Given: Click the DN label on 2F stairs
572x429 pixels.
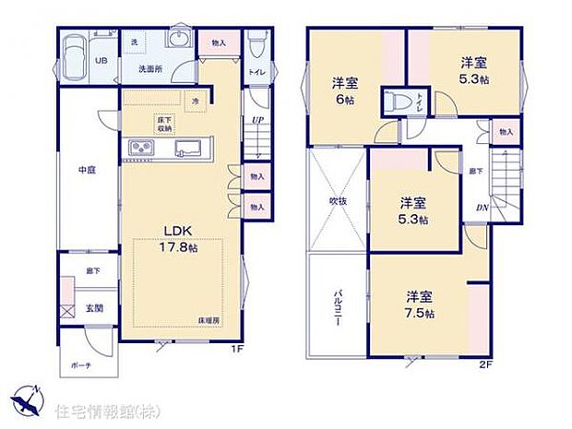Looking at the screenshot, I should pyautogui.click(x=482, y=208).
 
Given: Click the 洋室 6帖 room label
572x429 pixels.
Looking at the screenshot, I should pyautogui.click(x=346, y=89).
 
